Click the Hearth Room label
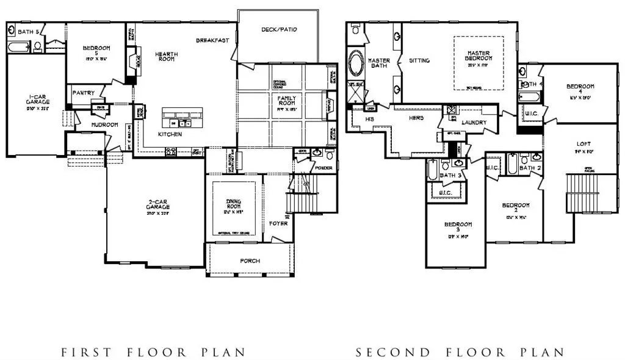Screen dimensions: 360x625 pos(166,57)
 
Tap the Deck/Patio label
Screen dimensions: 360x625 pos(279,29)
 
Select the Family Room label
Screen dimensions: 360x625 pos(286,101)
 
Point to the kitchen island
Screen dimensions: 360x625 pos(182,118)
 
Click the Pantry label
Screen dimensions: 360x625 pos(83,93)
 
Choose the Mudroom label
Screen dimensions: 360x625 pos(104,124)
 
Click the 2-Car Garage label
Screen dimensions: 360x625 pos(157,206)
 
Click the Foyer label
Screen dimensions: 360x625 pos(278,223)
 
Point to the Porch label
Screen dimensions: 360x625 pos(250,261)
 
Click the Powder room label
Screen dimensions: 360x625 pos(323,168)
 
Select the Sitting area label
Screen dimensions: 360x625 pos(419,60)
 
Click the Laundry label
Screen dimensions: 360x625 pos(474,123)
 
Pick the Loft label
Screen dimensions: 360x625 pos(583,145)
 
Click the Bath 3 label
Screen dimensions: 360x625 pos(450,176)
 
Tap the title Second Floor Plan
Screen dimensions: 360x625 pos(460,352)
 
